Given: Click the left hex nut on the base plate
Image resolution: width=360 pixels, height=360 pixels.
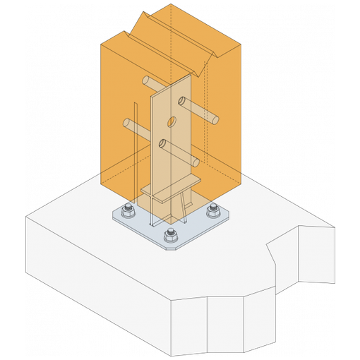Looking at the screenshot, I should [x=128, y=210].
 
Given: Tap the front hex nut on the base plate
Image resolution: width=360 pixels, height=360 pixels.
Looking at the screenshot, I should [x=169, y=235].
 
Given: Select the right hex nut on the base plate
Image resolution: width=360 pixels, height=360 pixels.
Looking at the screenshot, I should [x=212, y=210].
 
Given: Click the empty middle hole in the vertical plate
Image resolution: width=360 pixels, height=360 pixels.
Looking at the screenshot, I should [x=172, y=123].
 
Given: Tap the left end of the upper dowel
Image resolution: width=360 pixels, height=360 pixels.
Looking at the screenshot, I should [x=144, y=79].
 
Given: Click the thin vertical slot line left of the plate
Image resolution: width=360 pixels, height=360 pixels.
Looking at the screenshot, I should [x=132, y=169].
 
